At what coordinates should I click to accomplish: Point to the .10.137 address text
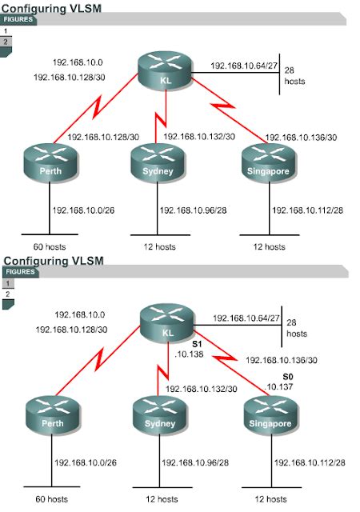(282, 387)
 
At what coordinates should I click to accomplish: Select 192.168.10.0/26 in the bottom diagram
(89, 462)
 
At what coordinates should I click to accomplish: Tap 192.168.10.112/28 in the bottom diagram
(309, 462)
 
